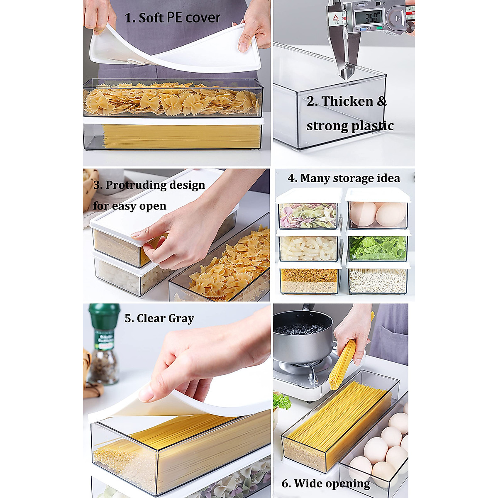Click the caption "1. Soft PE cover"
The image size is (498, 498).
(173, 18)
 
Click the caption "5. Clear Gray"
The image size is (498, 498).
(159, 318)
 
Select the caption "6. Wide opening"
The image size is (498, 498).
(326, 483)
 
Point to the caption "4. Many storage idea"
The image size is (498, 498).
(344, 178)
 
